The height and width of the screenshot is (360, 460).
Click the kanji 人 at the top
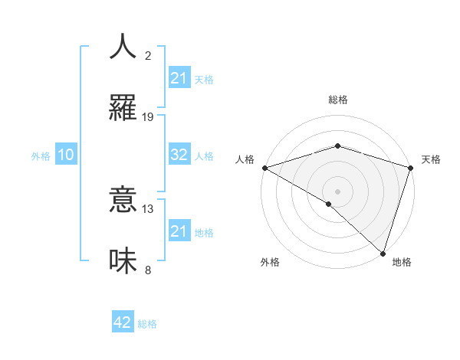tap(123, 47)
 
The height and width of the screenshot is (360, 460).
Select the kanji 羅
tap(123, 108)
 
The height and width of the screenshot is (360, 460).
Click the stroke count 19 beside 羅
tap(148, 116)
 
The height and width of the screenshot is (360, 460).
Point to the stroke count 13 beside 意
tap(148, 208)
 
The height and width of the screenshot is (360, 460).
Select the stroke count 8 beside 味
tap(148, 270)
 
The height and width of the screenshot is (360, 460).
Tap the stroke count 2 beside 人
tap(148, 55)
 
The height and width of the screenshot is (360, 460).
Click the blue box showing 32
tap(179, 155)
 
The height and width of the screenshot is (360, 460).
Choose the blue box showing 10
tap(66, 155)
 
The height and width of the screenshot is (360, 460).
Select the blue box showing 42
tap(123, 322)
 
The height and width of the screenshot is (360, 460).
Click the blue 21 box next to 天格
tap(179, 78)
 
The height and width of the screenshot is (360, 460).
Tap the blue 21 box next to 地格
tap(179, 231)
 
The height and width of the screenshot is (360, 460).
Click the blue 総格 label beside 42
tap(147, 324)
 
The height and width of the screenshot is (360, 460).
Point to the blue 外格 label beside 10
tap(41, 155)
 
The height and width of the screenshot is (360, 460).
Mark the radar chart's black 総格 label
tap(337, 100)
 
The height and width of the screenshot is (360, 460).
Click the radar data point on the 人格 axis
tap(264, 168)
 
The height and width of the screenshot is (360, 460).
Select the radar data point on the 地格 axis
tap(383, 253)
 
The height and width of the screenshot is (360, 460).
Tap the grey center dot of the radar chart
tap(337, 191)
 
